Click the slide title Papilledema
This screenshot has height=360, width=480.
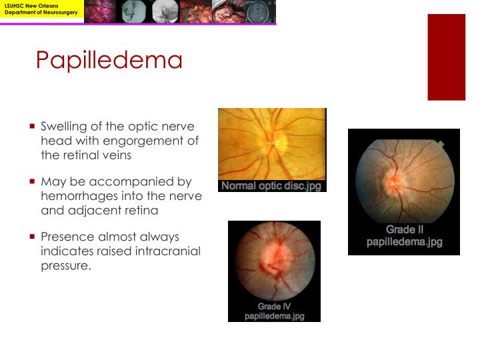109,61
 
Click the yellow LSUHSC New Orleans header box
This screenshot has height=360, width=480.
42,11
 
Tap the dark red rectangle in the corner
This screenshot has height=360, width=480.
446,57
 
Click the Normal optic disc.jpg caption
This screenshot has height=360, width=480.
271,186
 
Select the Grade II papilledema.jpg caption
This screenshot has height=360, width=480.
404,236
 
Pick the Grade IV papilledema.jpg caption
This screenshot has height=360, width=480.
274,311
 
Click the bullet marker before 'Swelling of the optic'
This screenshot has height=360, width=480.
32,125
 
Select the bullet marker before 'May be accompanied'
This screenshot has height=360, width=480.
32,181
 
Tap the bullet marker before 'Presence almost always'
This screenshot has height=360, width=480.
32,236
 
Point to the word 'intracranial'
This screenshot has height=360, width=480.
169,251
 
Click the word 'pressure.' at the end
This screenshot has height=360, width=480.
65,265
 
